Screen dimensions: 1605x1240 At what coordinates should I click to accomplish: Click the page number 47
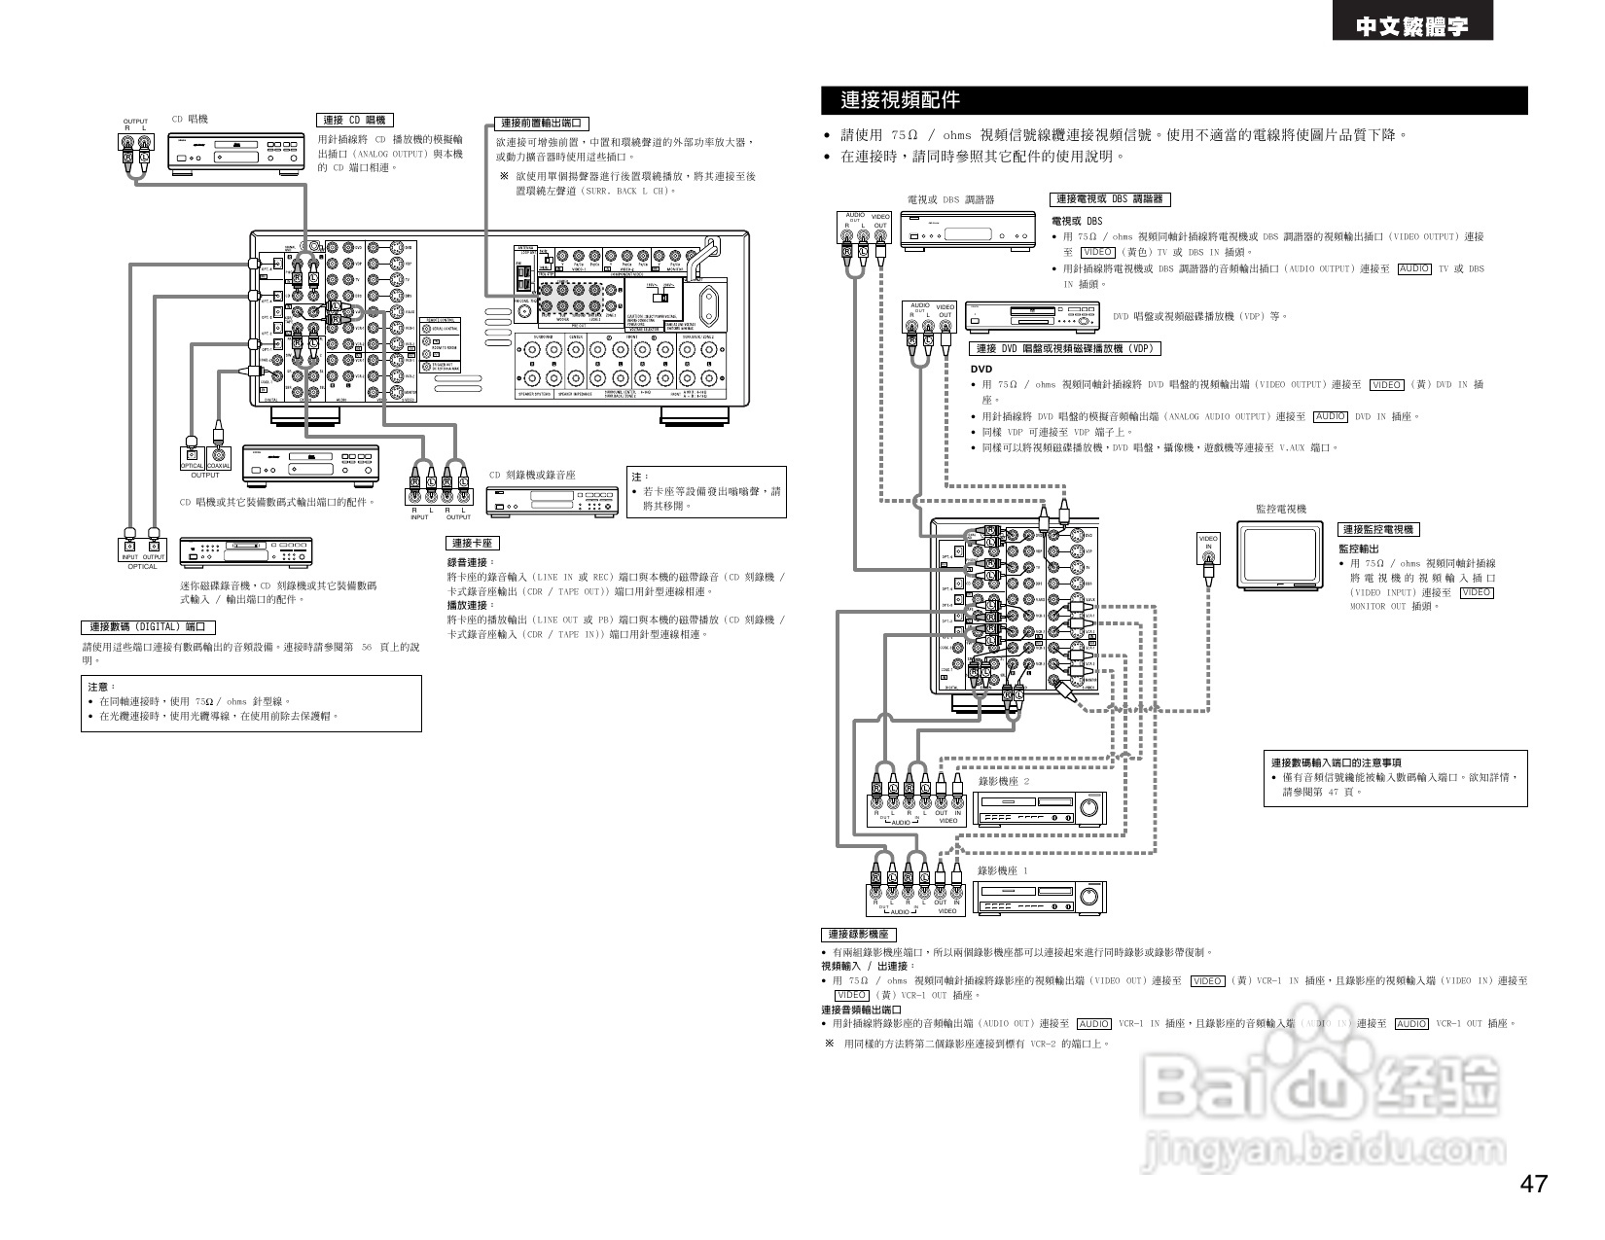point(1533,1184)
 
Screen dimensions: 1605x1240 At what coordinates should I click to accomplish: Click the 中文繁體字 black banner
point(1412,27)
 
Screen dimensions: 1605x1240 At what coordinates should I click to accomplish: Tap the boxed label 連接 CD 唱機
point(355,120)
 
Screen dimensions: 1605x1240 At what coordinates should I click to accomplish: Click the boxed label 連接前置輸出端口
point(542,124)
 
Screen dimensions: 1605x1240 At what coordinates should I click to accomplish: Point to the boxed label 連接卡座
point(472,544)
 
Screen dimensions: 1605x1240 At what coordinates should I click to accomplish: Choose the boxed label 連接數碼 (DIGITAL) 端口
point(147,627)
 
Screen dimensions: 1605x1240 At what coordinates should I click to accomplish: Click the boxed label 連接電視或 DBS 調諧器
point(1110,199)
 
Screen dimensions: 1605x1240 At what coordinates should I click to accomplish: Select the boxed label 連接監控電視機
point(1379,529)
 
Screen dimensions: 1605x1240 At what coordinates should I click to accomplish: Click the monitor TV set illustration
point(1280,554)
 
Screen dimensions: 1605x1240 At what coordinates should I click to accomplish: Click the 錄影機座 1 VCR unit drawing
point(1039,898)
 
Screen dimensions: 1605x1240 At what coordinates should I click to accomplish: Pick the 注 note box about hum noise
point(705,491)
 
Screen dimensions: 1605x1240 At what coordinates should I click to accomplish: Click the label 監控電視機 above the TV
point(1281,509)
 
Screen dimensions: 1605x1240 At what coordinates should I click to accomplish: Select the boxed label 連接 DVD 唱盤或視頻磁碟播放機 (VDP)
point(1066,349)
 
